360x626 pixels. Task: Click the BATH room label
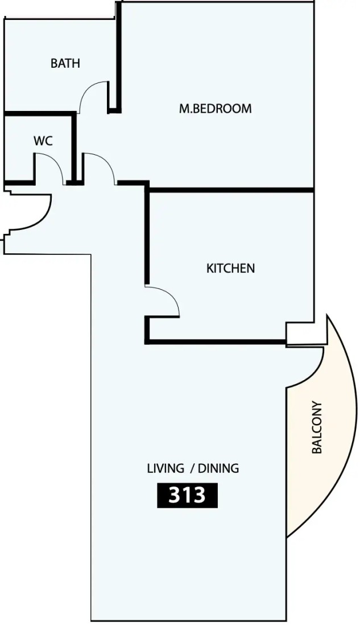click(x=65, y=63)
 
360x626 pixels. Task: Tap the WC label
click(x=43, y=141)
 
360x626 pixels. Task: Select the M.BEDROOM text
click(x=215, y=108)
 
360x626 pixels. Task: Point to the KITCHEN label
click(x=230, y=268)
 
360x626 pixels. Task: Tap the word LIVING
click(x=165, y=468)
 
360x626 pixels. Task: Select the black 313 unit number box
click(x=187, y=496)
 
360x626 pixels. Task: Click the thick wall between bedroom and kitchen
click(x=231, y=190)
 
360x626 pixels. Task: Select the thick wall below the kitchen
click(x=216, y=342)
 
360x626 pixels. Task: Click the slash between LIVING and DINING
click(x=192, y=468)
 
